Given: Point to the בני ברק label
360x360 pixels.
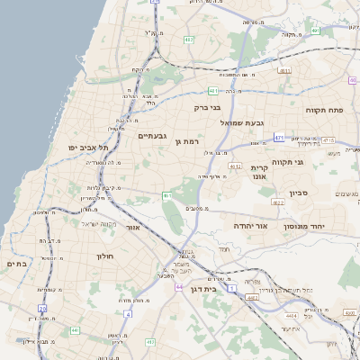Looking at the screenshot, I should pyautogui.click(x=208, y=107).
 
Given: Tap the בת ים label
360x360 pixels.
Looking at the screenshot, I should pyautogui.click(x=18, y=263).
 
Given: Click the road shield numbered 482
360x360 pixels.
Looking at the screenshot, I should pyautogui.click(x=188, y=40).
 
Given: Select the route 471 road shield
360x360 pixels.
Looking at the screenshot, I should pyautogui.click(x=280, y=138).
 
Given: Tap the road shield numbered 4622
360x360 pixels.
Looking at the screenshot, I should pyautogui.click(x=278, y=202).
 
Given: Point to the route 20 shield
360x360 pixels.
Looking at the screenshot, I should pyautogui.click(x=42, y=309).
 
